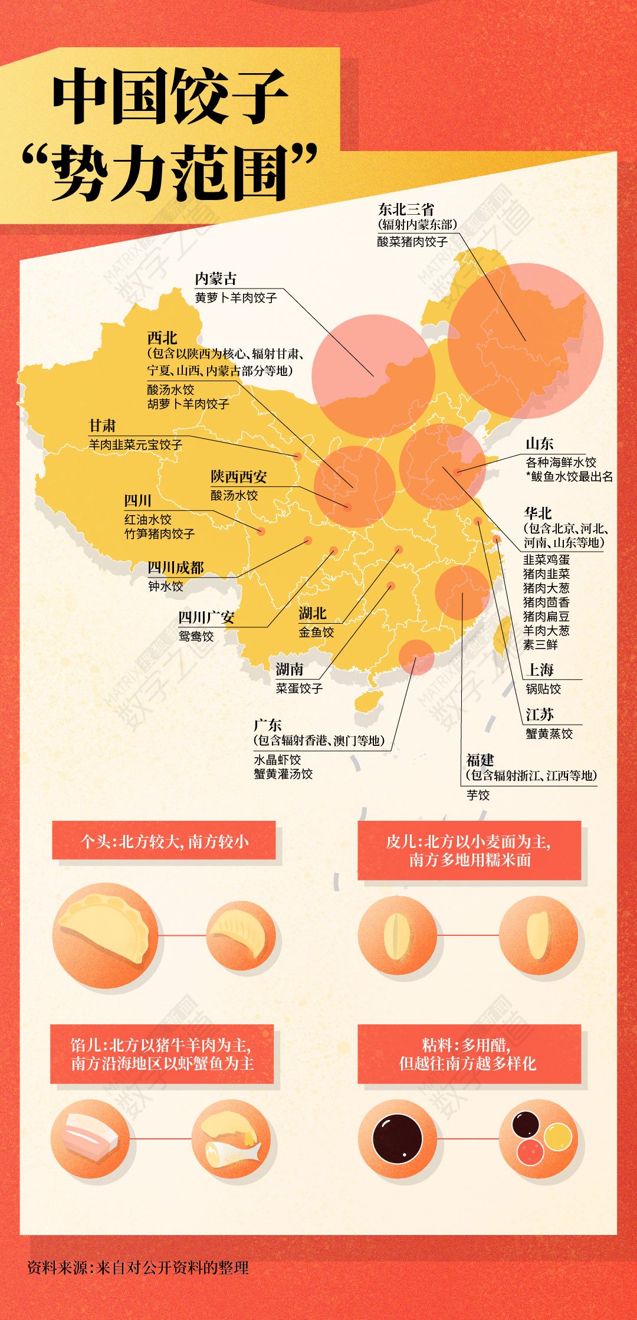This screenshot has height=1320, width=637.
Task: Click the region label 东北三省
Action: (x=406, y=209)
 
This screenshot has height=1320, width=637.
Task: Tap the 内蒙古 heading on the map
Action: (x=215, y=279)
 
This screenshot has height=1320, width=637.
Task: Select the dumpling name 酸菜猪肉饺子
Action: (x=412, y=241)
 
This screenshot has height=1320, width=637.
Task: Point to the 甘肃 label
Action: (x=102, y=425)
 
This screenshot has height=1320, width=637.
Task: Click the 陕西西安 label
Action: (x=238, y=476)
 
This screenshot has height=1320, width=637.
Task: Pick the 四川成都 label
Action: (x=175, y=568)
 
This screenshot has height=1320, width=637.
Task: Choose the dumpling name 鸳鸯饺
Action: (x=196, y=636)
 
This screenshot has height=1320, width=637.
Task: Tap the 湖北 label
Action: (x=312, y=613)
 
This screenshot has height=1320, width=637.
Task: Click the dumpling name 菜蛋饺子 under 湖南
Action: (x=299, y=688)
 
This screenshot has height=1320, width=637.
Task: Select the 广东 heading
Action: (x=267, y=725)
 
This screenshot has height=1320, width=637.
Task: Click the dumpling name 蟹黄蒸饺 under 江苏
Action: (x=549, y=733)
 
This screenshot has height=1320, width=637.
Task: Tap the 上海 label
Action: (x=540, y=670)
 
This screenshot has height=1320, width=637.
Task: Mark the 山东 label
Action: (x=539, y=443)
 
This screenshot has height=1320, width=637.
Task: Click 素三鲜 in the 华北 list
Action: (x=540, y=644)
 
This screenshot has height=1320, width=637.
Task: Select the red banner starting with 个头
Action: (x=164, y=841)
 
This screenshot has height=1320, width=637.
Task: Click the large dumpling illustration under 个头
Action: (x=106, y=935)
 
